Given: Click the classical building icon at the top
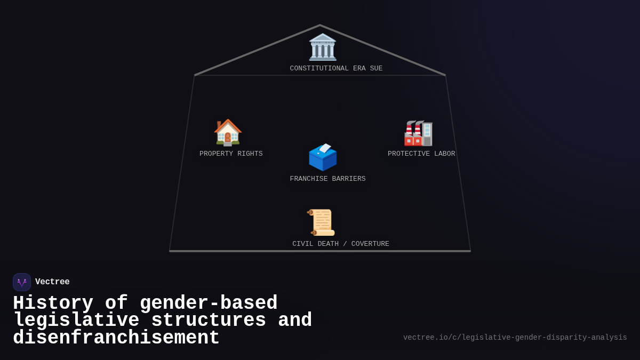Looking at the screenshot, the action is pos(323,47).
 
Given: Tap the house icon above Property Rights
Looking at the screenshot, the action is pos(228,132).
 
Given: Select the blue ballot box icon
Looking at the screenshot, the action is pos(323,157).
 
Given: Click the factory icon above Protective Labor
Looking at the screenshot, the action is pos(418,133).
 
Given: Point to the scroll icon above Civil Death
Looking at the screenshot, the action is pos(322,222).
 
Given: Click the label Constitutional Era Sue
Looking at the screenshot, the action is pos(336,69).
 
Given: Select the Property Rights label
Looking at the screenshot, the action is pos(231,154).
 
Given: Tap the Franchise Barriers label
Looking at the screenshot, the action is pos(327,179).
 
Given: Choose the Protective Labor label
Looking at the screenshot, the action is pos(421,154).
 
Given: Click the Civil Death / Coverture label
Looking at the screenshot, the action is pos(341,244).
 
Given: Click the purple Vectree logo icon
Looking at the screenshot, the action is pos(22,282).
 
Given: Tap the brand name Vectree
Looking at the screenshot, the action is pos(52,282).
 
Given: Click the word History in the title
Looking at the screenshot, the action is pos(53,303).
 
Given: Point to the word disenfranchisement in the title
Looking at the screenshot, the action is pos(116,338).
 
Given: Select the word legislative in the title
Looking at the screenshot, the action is pos(76,321).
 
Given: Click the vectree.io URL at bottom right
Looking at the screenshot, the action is pos(515,338).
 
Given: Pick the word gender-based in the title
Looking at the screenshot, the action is pos(209,303).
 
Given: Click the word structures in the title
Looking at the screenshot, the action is pos(209,321).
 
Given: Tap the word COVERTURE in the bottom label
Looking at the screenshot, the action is pos(370,244).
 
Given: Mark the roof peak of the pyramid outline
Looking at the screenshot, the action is pos(320,25).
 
